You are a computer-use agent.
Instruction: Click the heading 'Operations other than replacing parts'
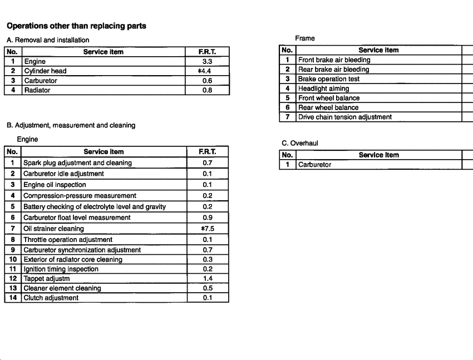point(76,26)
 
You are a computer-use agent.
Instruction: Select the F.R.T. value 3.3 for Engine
point(207,62)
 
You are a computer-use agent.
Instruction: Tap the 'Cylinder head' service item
point(45,71)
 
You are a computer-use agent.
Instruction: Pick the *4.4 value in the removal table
point(206,71)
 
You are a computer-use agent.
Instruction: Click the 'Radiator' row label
point(37,90)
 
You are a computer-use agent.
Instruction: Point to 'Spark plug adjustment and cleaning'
point(77,163)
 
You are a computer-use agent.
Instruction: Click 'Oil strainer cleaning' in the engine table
point(53,229)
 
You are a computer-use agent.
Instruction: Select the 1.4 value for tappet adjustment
point(207,278)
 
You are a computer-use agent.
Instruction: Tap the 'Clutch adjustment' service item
point(51,298)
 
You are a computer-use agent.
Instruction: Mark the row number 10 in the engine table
point(12,259)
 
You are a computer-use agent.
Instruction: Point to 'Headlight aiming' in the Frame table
point(323,88)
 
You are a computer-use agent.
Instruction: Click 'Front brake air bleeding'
point(334,60)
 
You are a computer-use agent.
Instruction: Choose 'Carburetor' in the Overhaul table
point(314,165)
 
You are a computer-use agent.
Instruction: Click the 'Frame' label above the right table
point(305,38)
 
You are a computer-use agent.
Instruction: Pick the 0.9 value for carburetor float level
point(207,218)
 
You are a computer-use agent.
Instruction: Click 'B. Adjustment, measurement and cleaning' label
point(71,125)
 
